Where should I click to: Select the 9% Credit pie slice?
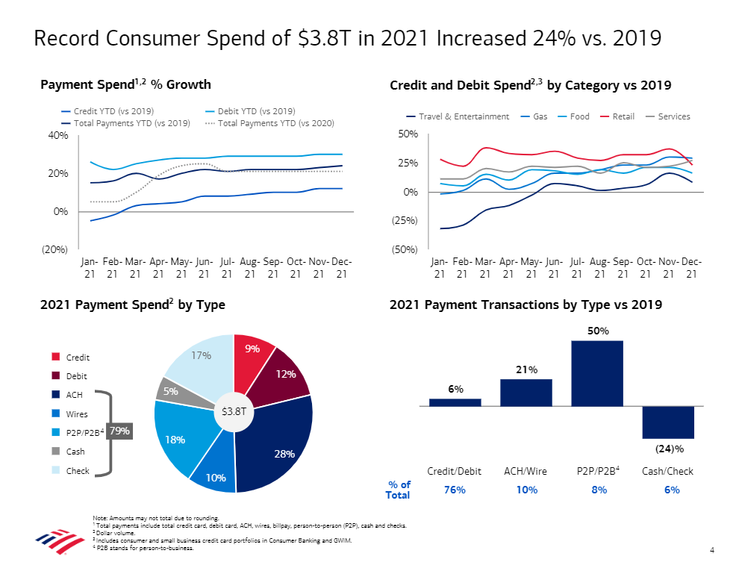(252, 358)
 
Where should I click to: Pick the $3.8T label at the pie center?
(234, 411)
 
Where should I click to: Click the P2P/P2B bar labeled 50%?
(596, 373)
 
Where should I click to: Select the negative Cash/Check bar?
(668, 422)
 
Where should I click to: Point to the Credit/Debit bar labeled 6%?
(455, 402)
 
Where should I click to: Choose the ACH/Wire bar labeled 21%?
(526, 393)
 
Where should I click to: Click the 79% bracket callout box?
(119, 431)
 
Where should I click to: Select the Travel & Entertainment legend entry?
(458, 116)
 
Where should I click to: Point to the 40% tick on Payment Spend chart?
(57, 135)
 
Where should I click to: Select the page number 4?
(712, 551)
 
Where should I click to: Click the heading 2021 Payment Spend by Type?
(132, 305)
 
